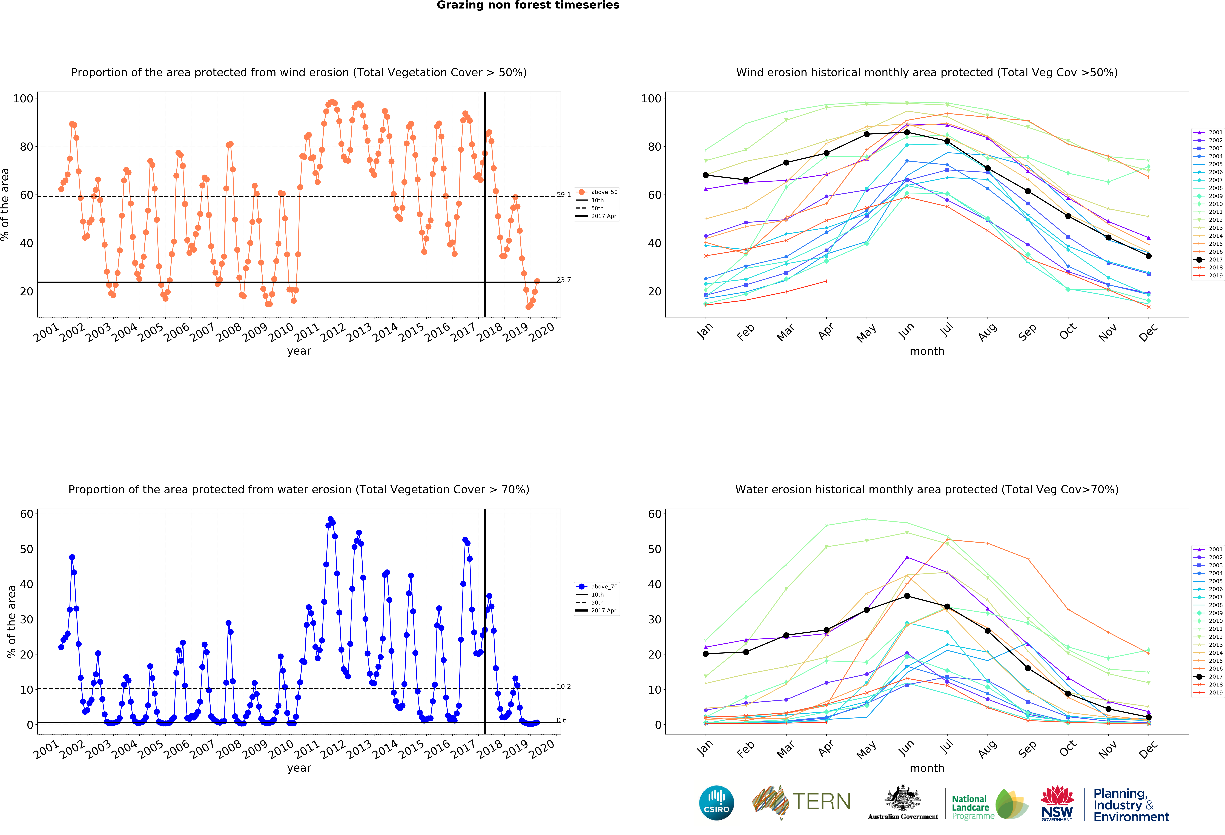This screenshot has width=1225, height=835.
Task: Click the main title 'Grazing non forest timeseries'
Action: (x=528, y=5)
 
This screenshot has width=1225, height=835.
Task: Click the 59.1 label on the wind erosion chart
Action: (x=563, y=195)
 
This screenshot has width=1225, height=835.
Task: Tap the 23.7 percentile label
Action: (x=563, y=280)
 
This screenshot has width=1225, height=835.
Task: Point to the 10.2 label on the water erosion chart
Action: (x=563, y=686)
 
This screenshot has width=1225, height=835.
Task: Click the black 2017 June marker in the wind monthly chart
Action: (x=907, y=132)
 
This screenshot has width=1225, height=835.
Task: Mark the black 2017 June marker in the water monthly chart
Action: (x=907, y=596)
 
